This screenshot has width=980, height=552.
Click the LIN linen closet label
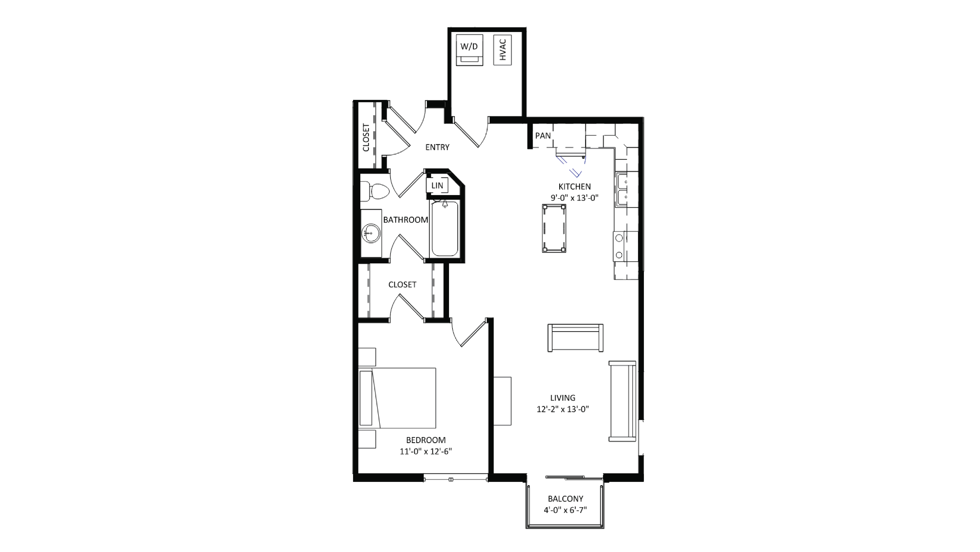(437, 185)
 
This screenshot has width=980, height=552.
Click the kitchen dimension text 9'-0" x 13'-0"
(574, 198)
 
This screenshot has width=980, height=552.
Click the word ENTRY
(437, 147)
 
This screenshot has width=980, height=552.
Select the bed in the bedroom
(398, 398)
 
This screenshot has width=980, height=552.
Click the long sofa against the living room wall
(622, 401)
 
